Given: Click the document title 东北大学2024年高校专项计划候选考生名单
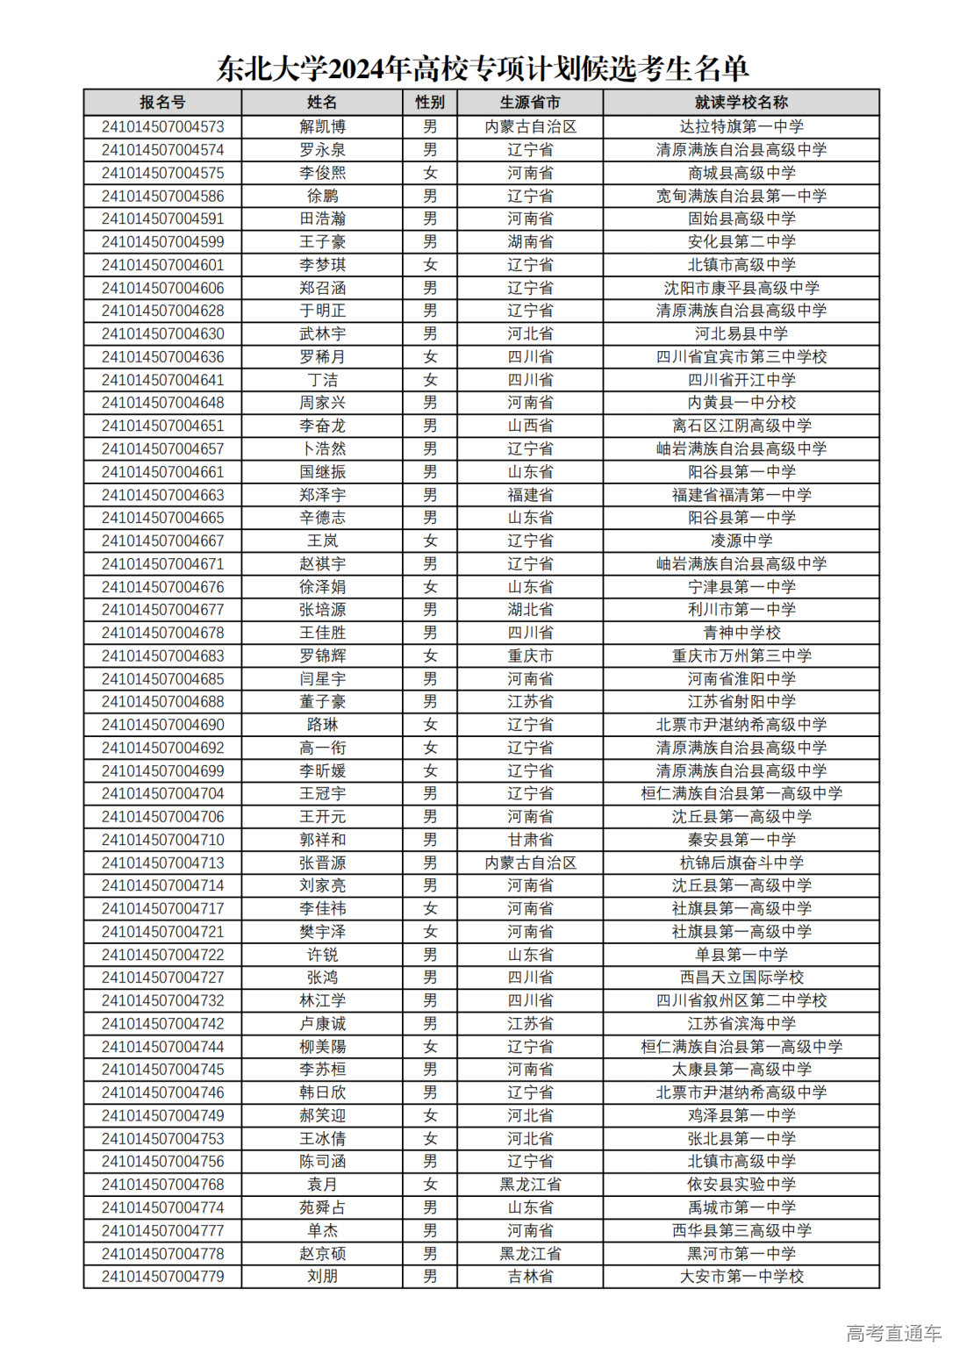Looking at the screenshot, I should [x=483, y=68].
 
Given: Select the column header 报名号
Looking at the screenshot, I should [x=162, y=103].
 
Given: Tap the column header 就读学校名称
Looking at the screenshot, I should [x=741, y=103].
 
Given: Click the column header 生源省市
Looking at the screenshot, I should [x=530, y=103].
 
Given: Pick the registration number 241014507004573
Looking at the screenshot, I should [x=162, y=126].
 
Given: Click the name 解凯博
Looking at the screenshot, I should [x=322, y=126].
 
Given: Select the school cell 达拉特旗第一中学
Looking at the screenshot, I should [x=741, y=126].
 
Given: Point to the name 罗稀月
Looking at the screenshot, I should [x=322, y=356].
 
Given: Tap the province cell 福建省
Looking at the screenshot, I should [x=530, y=495].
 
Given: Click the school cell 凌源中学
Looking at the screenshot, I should [x=741, y=541].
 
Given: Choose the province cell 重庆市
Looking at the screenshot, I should [x=530, y=655].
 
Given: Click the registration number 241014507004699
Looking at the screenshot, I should [x=162, y=770].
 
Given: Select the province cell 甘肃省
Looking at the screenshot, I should [x=530, y=840].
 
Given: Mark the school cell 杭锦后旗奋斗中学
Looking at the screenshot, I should [x=741, y=863].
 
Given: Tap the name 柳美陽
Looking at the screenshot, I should [x=322, y=1047].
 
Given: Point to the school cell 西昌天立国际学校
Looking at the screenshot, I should [x=741, y=978].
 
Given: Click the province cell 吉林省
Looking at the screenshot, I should [x=530, y=1277].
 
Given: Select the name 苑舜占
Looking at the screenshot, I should [x=322, y=1207].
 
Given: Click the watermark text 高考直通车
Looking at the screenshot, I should [x=893, y=1333].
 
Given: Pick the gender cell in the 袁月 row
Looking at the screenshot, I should [x=430, y=1185].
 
